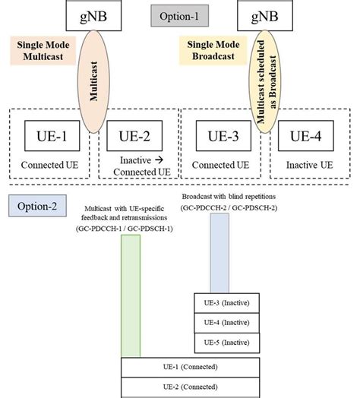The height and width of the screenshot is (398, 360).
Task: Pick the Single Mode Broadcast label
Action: pyautogui.click(x=209, y=50)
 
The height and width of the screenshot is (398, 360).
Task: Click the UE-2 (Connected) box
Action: pyautogui.click(x=192, y=387)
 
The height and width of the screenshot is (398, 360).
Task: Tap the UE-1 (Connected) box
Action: pyautogui.click(x=192, y=368)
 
